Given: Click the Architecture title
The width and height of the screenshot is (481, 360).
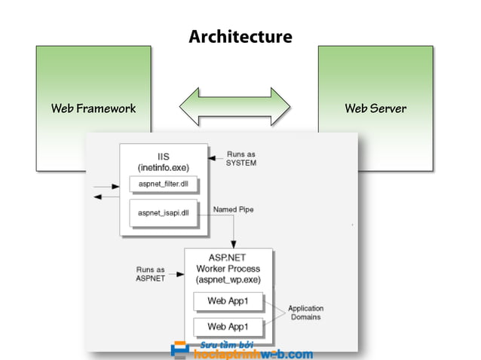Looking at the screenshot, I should pyautogui.click(x=240, y=36).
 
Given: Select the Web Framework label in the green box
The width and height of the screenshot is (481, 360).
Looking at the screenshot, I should pyautogui.click(x=93, y=108).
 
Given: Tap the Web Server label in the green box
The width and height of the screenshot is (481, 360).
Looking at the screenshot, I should pyautogui.click(x=375, y=108).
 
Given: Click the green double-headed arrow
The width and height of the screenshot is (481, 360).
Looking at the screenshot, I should pyautogui.click(x=234, y=108).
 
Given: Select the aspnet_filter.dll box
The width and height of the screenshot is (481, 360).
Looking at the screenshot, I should pyautogui.click(x=164, y=185).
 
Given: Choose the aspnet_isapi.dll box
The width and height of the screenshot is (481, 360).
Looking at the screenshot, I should pyautogui.click(x=164, y=213).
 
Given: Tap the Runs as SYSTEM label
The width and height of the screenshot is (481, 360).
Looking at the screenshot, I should pyautogui.click(x=241, y=158).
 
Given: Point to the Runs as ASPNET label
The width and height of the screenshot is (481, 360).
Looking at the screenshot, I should pyautogui.click(x=151, y=273).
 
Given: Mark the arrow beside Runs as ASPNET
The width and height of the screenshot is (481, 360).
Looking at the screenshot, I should pyautogui.click(x=179, y=273).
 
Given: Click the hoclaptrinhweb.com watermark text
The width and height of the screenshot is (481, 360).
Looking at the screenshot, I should pyautogui.click(x=253, y=353).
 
